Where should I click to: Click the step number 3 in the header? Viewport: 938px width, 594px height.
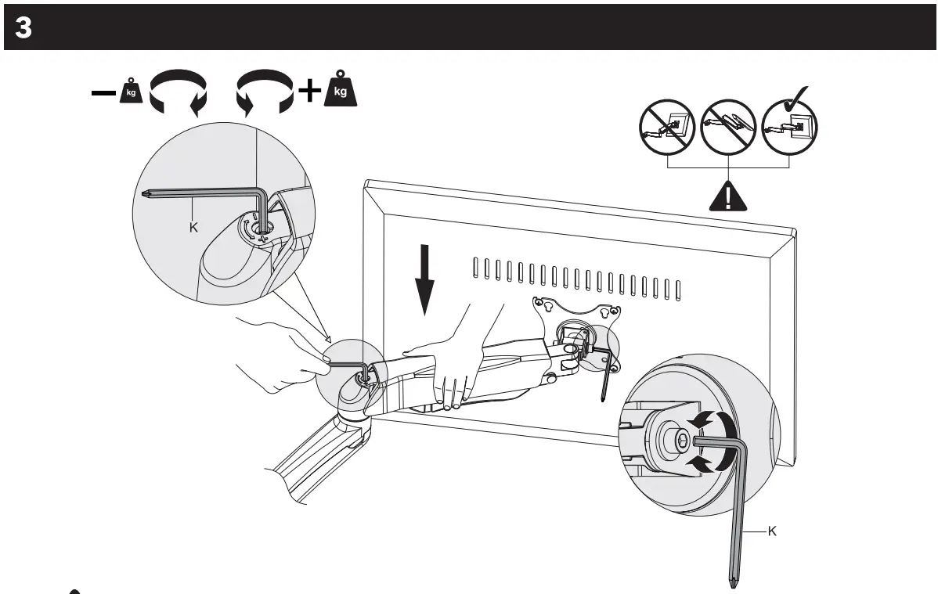(23, 28)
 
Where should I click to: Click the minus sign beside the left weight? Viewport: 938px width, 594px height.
(103, 92)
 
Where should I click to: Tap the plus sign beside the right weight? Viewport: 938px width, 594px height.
(310, 92)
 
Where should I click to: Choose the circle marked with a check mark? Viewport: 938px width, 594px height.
(789, 125)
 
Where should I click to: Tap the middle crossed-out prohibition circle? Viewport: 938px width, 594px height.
(727, 128)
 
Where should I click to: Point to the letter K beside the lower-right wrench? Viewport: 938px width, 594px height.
(772, 531)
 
